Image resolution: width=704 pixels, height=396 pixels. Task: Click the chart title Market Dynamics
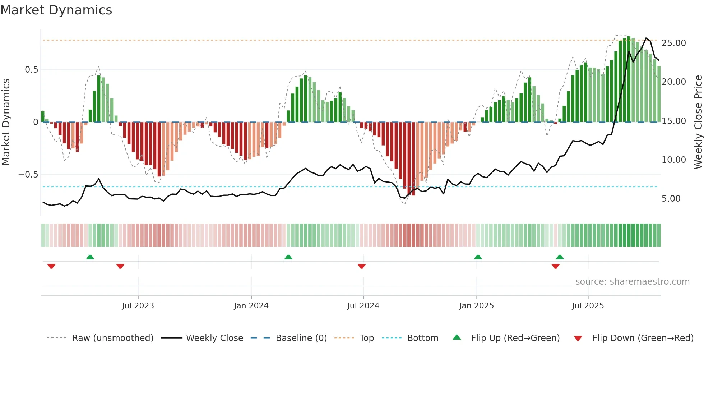[56, 10]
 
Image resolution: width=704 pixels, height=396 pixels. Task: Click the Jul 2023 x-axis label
[138, 306]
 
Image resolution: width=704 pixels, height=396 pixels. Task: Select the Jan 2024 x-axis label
[251, 306]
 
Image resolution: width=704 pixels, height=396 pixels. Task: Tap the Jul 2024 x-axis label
[363, 306]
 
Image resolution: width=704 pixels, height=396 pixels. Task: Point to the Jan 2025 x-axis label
[476, 306]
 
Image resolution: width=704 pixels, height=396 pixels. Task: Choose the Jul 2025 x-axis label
[588, 306]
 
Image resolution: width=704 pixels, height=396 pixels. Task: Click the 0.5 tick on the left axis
[31, 70]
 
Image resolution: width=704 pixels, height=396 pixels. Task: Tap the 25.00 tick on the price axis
[673, 43]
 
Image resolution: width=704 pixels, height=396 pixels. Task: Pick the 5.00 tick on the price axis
[671, 199]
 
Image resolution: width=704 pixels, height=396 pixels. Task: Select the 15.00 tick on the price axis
[673, 121]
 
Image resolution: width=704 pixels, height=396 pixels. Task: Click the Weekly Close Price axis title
[698, 122]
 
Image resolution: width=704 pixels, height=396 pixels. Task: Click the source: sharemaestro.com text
[632, 282]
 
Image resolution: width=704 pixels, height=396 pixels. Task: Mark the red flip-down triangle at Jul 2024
[362, 266]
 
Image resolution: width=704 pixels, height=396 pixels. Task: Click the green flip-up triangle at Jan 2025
[478, 257]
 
